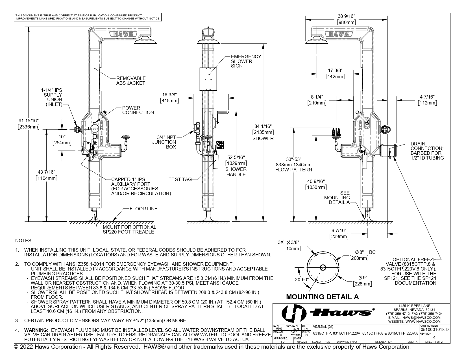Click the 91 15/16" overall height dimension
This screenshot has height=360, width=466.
28,123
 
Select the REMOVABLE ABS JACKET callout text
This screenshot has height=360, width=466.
130,80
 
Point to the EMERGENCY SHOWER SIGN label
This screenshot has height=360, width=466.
246,61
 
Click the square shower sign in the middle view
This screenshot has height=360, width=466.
208,79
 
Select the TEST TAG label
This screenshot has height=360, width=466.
180,179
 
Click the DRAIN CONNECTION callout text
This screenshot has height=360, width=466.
427,151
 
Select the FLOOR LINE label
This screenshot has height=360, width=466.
143,209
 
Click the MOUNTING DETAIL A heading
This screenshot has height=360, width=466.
322,297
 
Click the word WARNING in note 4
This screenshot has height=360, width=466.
35,330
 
